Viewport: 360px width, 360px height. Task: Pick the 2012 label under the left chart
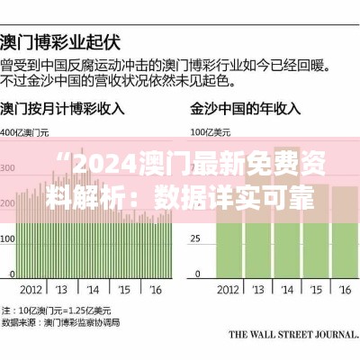31,290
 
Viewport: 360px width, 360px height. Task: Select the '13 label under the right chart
261,290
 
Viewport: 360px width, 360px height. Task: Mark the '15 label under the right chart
317,290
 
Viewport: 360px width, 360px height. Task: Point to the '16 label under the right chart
345,290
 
